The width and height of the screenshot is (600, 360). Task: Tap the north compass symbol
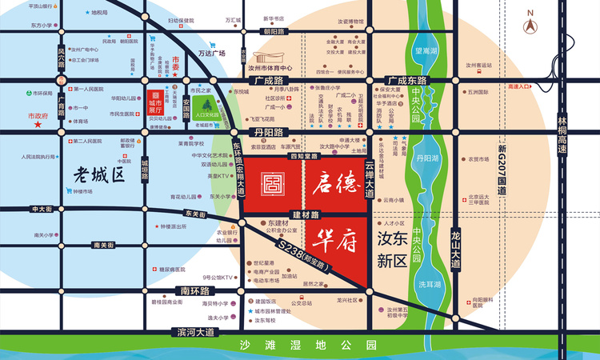pos(530,23)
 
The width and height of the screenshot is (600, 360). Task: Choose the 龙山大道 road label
pos(455,244)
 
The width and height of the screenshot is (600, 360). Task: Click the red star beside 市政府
pos(37,126)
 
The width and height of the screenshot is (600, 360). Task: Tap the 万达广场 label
pos(212,53)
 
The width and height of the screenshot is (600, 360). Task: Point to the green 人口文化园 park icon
pos(207,106)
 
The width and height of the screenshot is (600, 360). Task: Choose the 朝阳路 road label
pos(274,31)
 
